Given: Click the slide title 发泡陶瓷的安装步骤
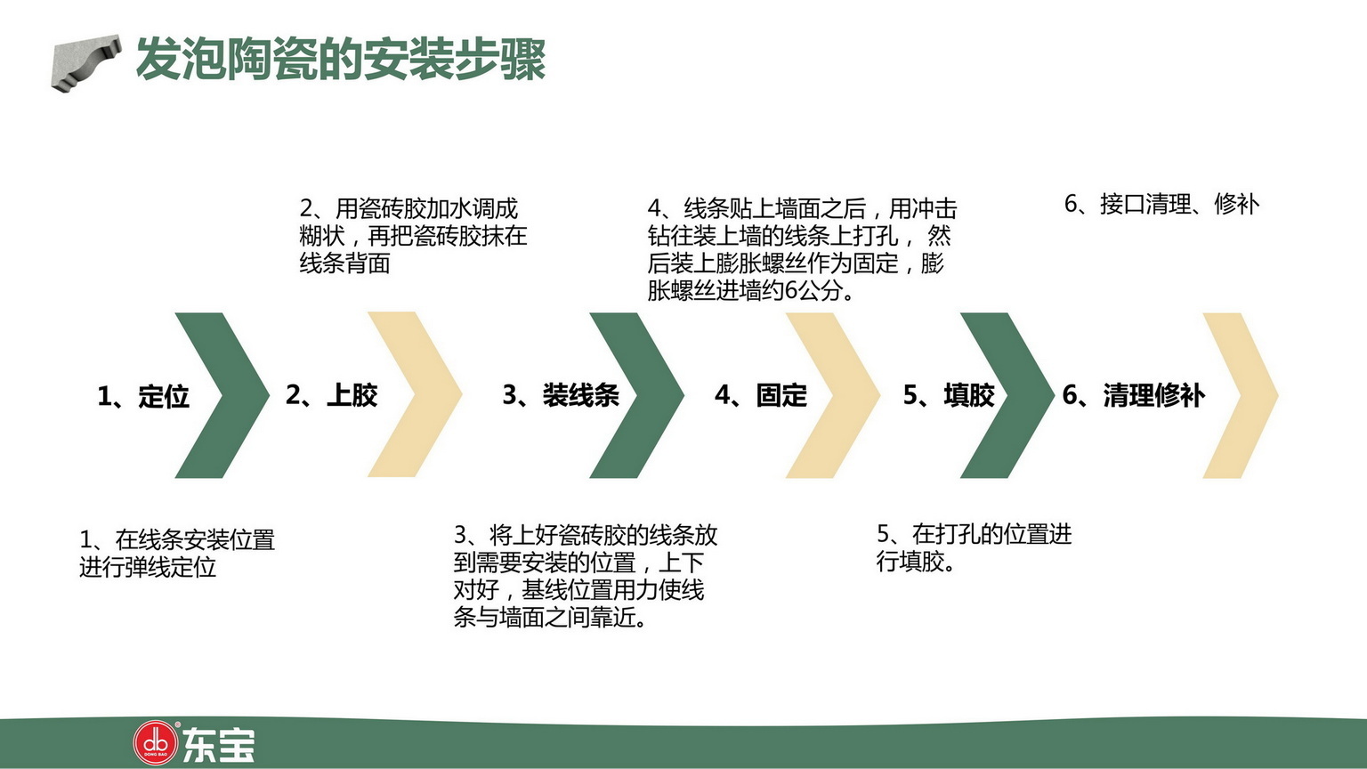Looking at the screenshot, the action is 341,60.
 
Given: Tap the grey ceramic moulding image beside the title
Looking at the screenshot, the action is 85,63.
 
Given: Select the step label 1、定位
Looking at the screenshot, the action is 143,396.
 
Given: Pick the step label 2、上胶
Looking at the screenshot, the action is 331,395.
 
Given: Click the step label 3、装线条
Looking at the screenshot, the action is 561,395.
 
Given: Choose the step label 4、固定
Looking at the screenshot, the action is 761,395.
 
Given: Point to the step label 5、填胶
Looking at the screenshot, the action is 949,395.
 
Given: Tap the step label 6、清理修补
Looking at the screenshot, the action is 1134,395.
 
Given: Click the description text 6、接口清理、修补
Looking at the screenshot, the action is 1162,204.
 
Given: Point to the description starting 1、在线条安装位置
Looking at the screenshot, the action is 177,554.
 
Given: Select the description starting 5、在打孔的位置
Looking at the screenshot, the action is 974,547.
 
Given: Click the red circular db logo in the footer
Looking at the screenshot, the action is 156,743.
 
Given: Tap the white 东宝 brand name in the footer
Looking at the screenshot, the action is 218,745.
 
